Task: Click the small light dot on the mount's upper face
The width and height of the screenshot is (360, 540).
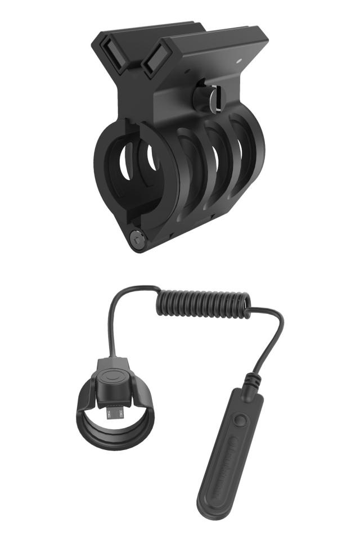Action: coord(238,58)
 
